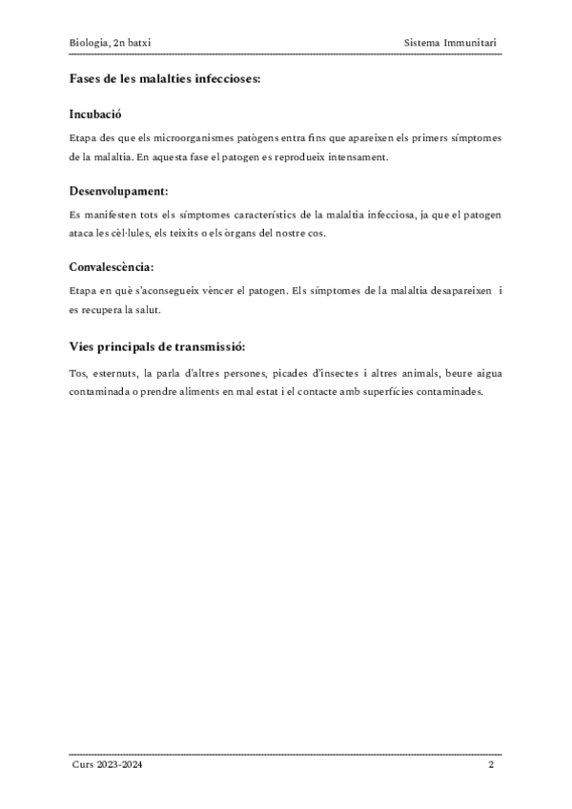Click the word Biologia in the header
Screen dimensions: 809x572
pos(88,43)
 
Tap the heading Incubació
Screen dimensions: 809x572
pos(95,114)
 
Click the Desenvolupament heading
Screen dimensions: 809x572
pos(119,191)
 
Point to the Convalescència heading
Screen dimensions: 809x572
pos(112,267)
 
